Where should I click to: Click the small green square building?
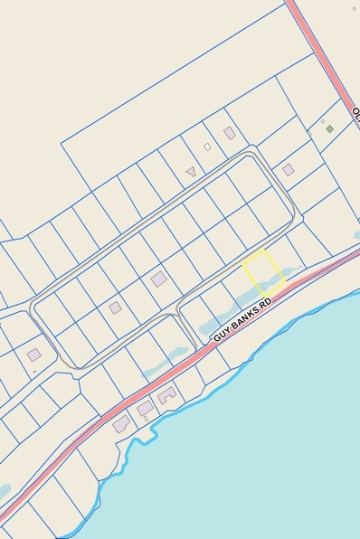coord(329,128)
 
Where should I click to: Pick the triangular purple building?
coord(190,170)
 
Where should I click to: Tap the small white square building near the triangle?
coord(207,147)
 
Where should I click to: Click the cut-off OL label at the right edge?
coord(355,115)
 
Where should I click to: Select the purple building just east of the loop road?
coord(288,169)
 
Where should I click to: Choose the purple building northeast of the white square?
coord(229,133)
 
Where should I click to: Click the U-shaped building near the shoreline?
coord(166,395)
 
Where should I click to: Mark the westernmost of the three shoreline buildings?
coord(121,423)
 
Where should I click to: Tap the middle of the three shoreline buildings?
coord(145,410)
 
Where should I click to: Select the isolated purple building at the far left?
coord(33,354)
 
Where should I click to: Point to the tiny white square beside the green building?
coord(323,121)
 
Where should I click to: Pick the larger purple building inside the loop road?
coord(158,279)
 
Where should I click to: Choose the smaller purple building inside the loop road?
coord(115,307)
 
